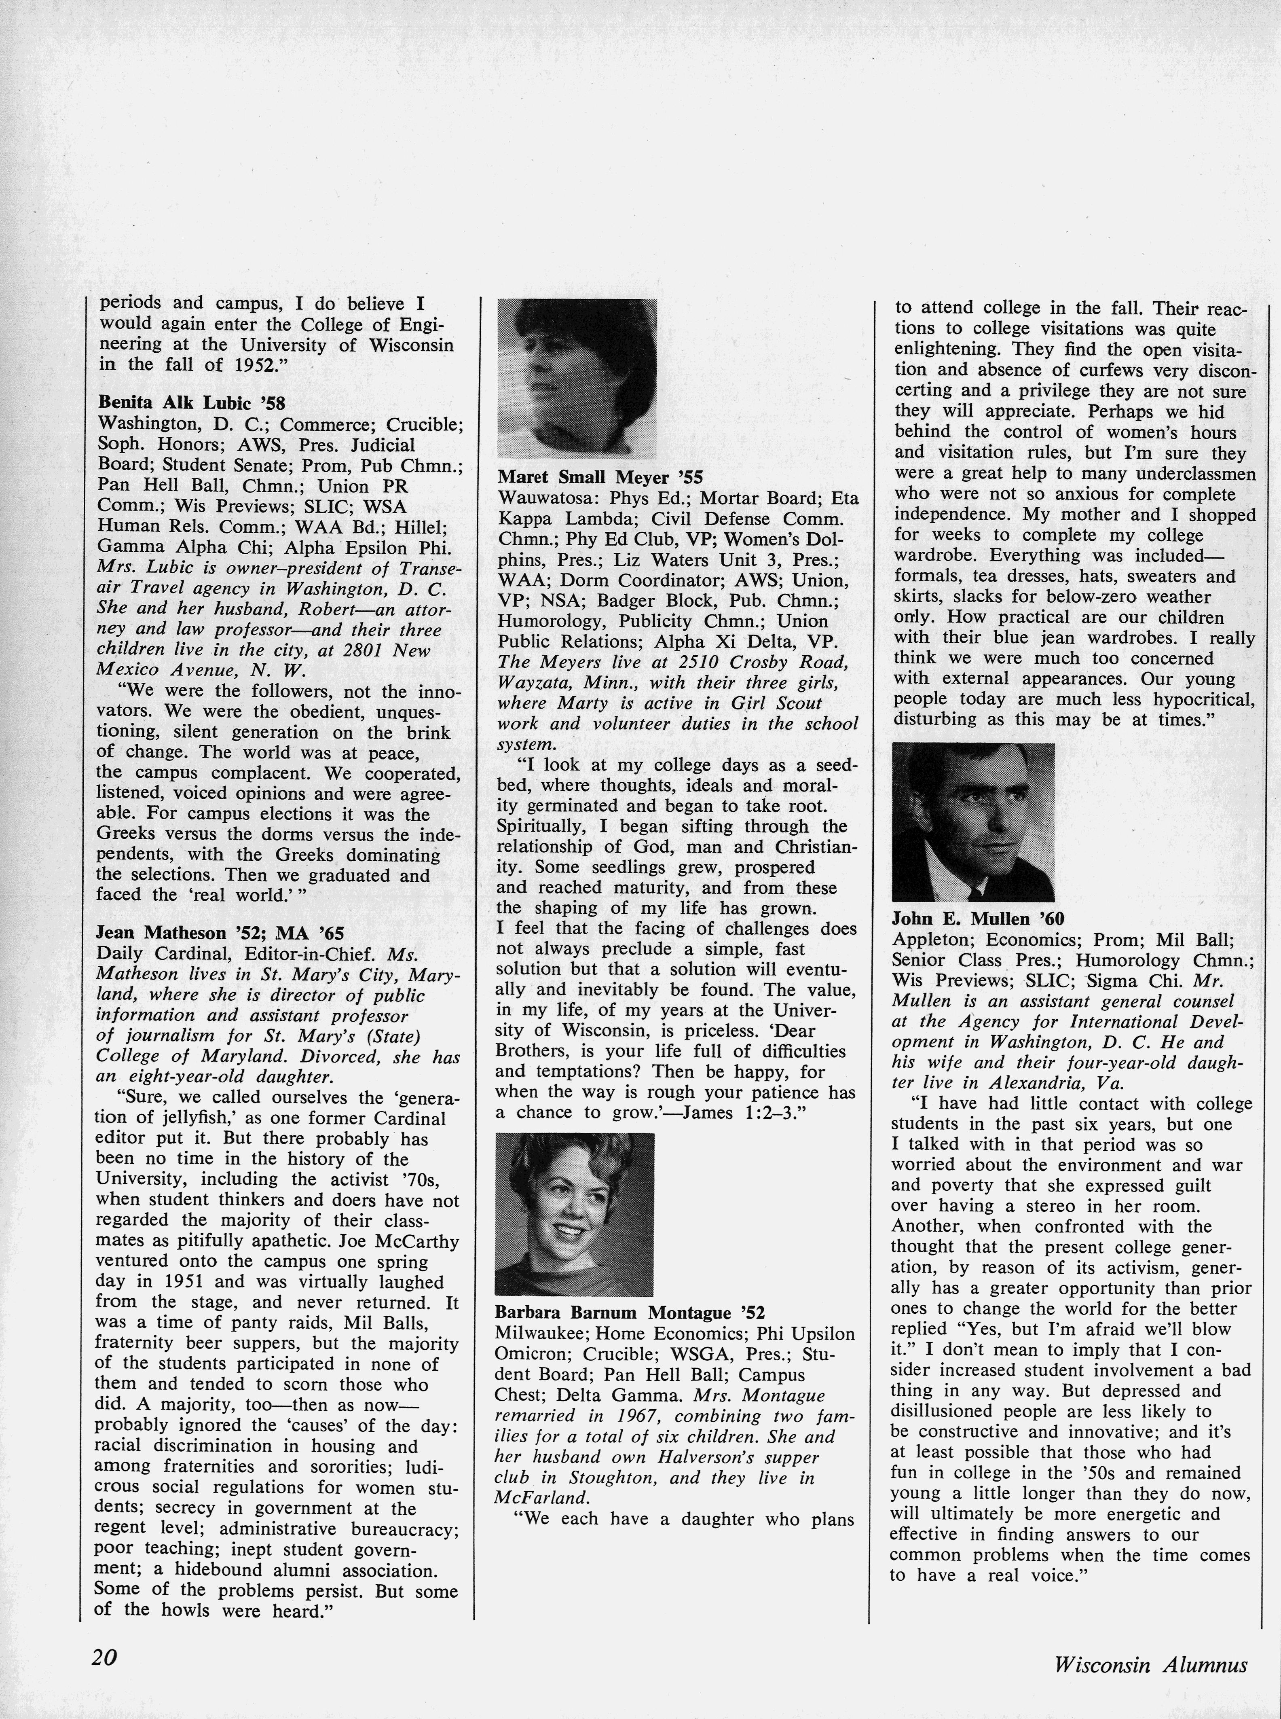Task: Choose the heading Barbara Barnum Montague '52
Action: [x=630, y=1313]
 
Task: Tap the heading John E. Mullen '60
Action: [x=978, y=919]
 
